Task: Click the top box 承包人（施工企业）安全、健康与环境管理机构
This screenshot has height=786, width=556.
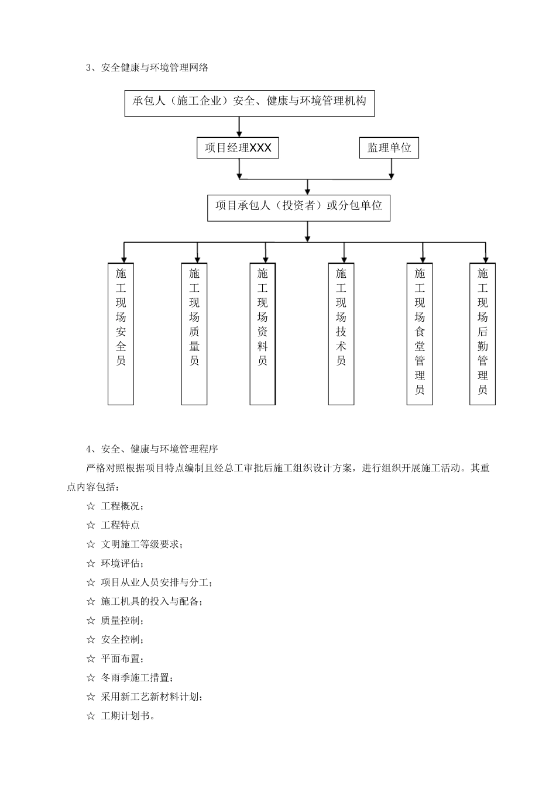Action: coord(249,102)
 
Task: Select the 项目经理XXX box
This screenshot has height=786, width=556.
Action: coord(238,148)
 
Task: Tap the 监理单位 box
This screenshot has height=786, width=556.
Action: coord(389,148)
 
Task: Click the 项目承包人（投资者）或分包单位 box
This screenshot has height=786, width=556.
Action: coord(298,207)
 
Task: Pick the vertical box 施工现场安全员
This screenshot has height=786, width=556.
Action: coord(121,333)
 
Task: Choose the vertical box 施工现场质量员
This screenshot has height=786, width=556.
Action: coord(194,333)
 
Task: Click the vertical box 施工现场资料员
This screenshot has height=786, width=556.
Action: coord(263,333)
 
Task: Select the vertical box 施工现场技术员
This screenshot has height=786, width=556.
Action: coord(341,333)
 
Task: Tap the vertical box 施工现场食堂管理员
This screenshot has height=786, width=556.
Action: coord(420,333)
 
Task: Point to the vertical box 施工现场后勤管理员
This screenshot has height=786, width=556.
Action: coord(482,333)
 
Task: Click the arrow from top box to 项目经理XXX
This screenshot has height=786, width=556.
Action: coord(239,127)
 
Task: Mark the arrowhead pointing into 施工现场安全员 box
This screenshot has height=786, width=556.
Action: coord(123,258)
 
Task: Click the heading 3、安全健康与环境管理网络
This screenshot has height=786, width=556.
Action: coord(147,68)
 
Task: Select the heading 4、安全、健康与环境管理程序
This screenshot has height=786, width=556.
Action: coord(152,449)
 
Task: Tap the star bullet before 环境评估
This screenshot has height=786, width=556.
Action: coord(91,564)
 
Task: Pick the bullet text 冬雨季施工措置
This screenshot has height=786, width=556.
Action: coord(136,678)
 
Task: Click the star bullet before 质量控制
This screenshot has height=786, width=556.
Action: coord(91,620)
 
